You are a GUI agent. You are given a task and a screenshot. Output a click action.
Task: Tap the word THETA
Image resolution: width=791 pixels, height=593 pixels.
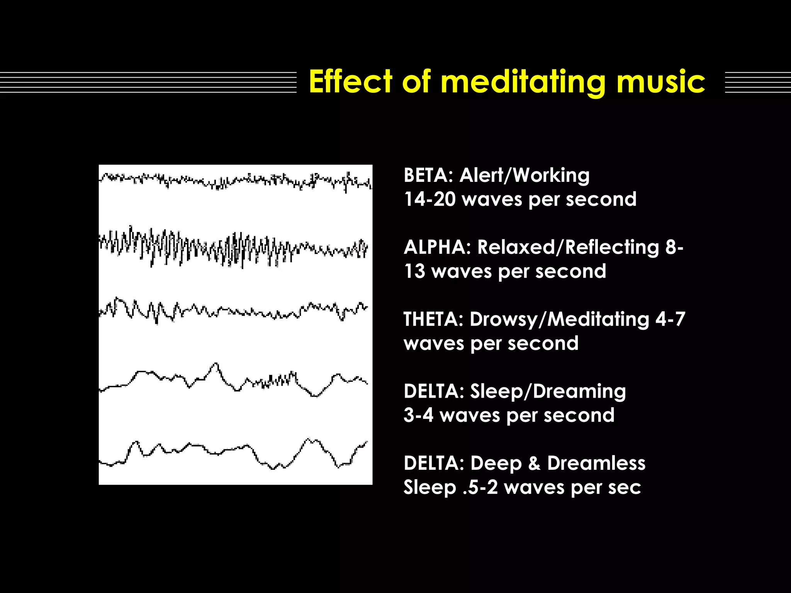click(x=433, y=320)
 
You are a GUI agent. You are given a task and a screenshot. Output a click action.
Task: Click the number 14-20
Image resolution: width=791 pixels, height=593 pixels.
click(x=429, y=200)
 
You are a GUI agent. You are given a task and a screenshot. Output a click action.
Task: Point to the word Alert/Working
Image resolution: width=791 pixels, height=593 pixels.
click(x=524, y=176)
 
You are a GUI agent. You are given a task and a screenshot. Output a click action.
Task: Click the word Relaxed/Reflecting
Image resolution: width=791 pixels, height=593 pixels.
click(x=568, y=247)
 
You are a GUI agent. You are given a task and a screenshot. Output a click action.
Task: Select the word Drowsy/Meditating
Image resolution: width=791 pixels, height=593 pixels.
click(x=559, y=320)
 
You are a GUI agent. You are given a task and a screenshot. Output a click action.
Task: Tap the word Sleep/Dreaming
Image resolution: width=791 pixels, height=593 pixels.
click(x=548, y=391)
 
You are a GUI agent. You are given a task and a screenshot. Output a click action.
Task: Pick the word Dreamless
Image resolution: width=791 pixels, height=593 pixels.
click(x=596, y=463)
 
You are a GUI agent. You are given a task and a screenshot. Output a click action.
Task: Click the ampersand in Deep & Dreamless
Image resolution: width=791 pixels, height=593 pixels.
click(x=534, y=463)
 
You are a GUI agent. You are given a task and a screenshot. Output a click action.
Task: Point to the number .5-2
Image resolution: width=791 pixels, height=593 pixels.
click(x=480, y=487)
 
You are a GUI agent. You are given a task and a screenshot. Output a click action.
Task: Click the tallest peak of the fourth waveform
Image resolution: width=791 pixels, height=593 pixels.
click(x=215, y=364)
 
